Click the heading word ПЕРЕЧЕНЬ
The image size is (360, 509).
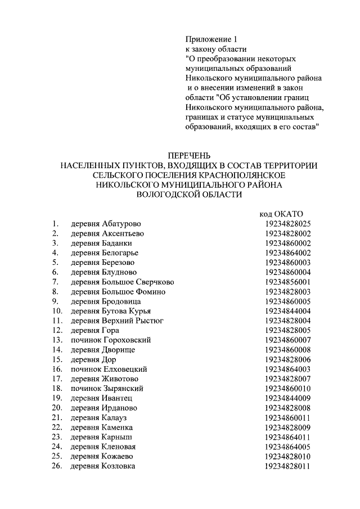click(189, 155)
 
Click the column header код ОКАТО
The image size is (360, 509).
click(281, 214)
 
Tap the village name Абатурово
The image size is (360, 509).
click(121, 224)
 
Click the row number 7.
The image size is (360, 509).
click(55, 282)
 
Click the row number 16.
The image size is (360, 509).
click(57, 369)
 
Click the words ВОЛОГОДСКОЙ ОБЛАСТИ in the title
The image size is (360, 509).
click(189, 194)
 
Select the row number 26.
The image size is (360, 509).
click(57, 466)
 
